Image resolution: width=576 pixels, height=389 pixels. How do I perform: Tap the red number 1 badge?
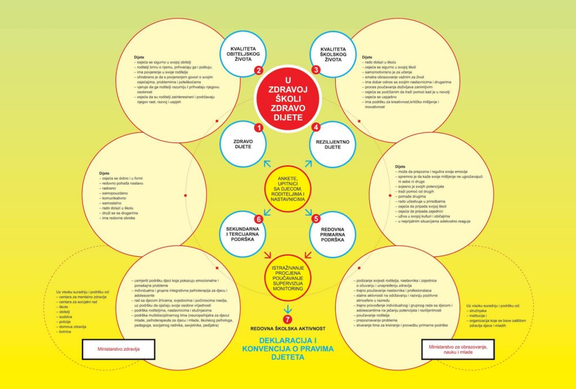coord(259,128)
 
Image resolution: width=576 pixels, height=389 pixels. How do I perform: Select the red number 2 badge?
coord(259,70)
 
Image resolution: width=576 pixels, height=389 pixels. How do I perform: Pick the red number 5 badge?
coord(259,218)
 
